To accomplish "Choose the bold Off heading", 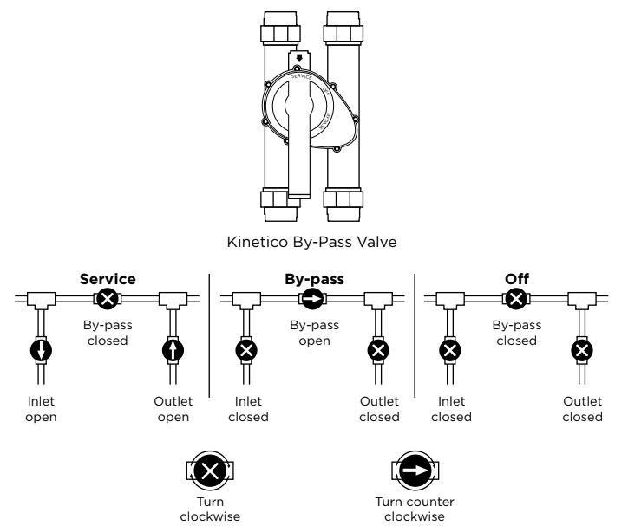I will click(x=516, y=281).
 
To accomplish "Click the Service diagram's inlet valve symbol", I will click(x=42, y=351).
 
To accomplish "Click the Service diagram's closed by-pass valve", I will click(x=107, y=300).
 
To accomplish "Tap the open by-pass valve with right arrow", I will click(x=312, y=300).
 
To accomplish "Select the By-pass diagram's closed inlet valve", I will click(x=247, y=351).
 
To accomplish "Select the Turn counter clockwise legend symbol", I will click(x=416, y=471).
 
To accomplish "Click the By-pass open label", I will click(x=312, y=334).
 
